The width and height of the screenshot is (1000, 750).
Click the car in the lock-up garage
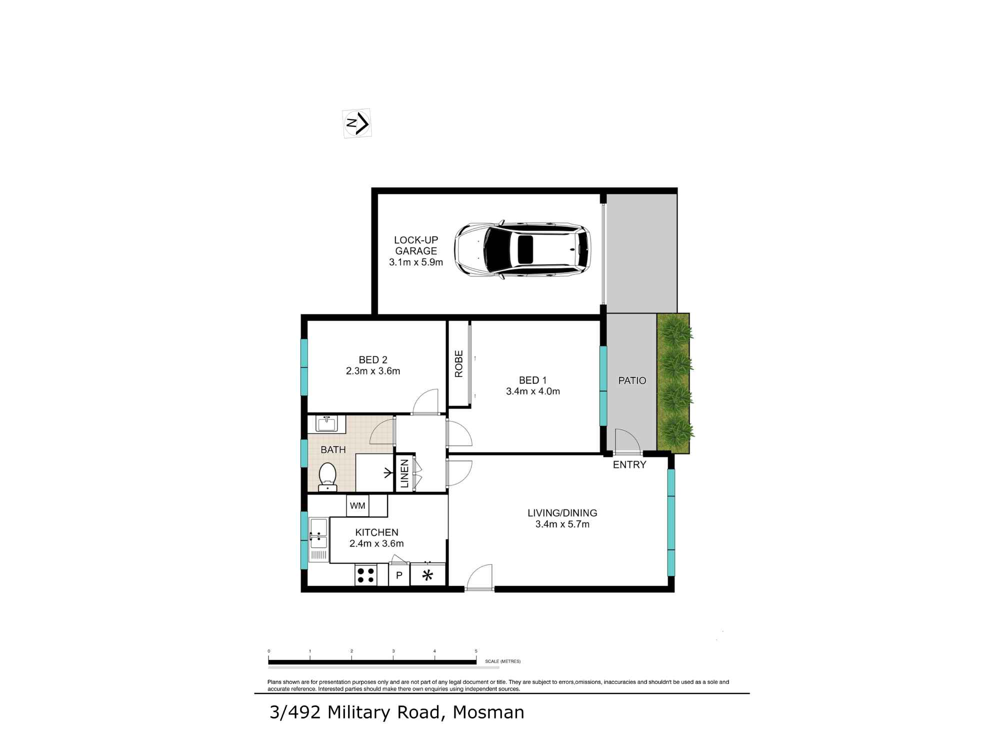coord(522,249)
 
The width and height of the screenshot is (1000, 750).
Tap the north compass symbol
coord(357,123)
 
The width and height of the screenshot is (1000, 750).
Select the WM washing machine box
coord(357,505)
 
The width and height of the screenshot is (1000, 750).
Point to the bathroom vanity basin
coord(326,424)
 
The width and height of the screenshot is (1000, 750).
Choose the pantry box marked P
coord(399,575)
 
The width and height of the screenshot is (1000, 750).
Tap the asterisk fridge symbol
coord(427,575)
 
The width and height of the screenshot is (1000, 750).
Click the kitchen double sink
coord(318,534)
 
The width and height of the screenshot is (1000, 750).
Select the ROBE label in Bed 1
coord(459,363)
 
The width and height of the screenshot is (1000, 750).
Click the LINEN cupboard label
coord(404,473)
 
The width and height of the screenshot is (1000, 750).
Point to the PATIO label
coord(632,380)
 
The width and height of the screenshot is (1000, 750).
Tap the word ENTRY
coord(629,465)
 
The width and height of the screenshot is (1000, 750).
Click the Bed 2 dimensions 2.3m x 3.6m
coord(373,371)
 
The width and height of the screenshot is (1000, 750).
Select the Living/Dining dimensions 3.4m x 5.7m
coord(562,524)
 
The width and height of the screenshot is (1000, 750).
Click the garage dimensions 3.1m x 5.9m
coord(416,262)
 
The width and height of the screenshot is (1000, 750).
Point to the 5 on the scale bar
coord(476,651)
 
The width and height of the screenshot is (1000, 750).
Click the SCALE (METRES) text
coord(502,661)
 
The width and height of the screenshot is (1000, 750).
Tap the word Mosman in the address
coord(488,712)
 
